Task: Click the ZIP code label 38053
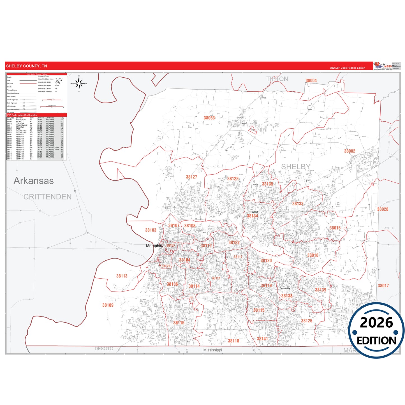pos(209,118)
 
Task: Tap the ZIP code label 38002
pos(350,151)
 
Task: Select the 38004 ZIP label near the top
pos(311,81)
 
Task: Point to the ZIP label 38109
pos(108,305)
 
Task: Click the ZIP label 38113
pos(122,276)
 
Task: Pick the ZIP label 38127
pos(191,177)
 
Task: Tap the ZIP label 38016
pos(335,228)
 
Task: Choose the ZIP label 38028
pos(383,209)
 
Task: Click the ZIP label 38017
pos(383,286)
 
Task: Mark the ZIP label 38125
pos(307,321)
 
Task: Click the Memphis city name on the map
pos(154,246)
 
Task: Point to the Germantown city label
pos(285,288)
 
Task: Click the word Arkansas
pos(34,181)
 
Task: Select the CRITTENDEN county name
pos(47,197)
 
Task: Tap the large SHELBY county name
pos(296,167)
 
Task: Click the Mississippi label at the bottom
pos(212,350)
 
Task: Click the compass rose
pos(79,83)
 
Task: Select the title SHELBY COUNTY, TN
pos(26,66)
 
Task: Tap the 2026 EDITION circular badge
pos(376,331)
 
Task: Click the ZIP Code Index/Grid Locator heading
pos(22,115)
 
